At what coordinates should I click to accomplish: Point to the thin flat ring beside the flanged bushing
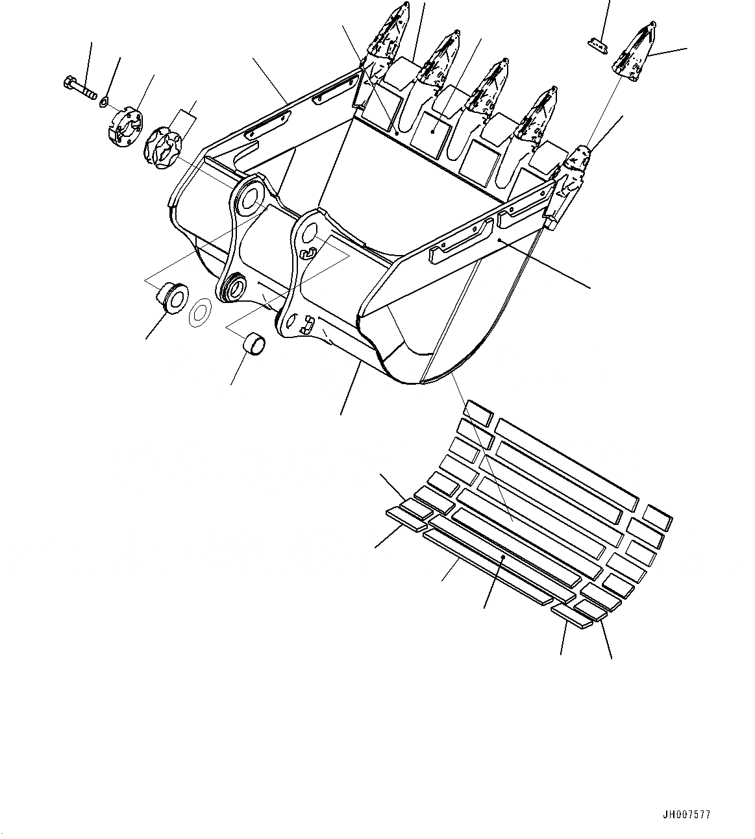[x=201, y=312]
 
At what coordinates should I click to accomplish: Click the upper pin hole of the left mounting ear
[x=248, y=199]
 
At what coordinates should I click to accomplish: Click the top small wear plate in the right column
[x=657, y=517]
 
